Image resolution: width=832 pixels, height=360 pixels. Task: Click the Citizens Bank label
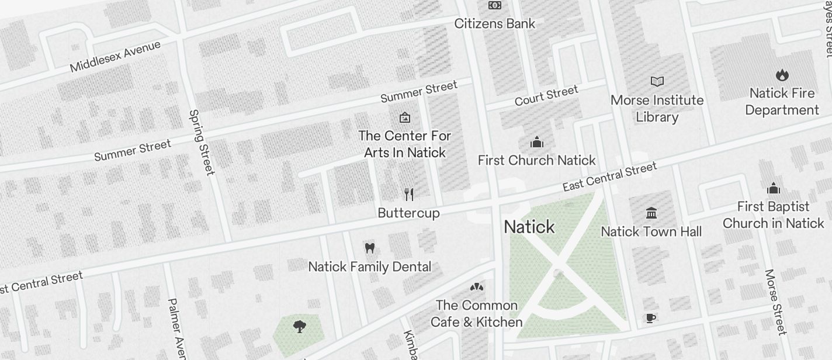pos(494,24)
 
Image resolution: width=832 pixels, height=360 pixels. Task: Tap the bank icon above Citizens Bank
pos(494,5)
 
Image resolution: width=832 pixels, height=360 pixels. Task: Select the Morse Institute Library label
pos(657,108)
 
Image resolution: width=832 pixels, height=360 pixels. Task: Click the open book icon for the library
pos(657,81)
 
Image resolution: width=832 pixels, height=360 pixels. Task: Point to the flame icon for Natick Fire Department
pos(782,75)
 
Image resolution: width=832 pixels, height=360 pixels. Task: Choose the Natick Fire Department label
pos(782,102)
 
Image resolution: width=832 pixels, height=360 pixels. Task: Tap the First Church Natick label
pos(536,160)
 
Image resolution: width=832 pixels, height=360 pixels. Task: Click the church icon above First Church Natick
pos(536,142)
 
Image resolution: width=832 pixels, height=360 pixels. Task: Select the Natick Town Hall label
pos(651,232)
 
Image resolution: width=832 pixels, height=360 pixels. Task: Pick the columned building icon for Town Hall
pos(651,213)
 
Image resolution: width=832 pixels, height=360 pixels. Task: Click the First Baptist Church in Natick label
pos(773,214)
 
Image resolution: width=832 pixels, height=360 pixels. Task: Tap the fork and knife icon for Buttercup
pos(409,195)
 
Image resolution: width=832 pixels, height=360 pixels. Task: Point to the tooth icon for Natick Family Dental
pos(369,248)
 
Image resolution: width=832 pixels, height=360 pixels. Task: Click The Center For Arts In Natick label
pos(404,144)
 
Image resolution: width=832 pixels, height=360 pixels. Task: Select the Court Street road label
pos(546,95)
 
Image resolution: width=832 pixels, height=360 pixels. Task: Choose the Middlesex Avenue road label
pos(115,56)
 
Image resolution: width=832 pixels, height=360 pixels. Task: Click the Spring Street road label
pos(202,142)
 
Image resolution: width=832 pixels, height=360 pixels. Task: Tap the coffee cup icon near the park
pos(651,318)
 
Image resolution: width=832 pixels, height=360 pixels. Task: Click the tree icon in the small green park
pos(300,327)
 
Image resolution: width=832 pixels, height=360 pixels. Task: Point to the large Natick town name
pos(529,227)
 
